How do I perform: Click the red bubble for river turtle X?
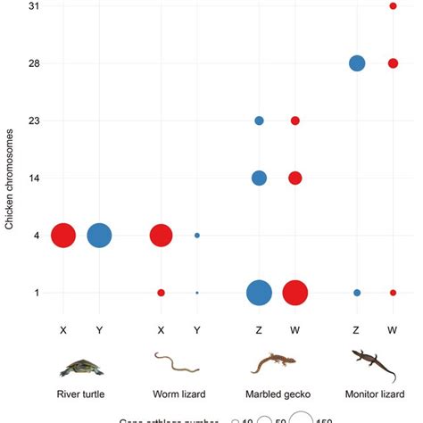click(x=63, y=236)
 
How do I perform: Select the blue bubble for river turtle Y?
click(x=99, y=236)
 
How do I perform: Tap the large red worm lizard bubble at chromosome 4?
click(x=161, y=236)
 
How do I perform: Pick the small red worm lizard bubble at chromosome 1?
click(x=161, y=293)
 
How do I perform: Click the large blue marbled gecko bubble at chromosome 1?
click(x=259, y=293)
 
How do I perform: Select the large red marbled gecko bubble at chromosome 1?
click(x=295, y=293)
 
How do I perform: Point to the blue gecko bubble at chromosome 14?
click(x=259, y=178)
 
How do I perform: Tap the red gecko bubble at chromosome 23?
click(x=295, y=120)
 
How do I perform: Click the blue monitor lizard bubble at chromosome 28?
click(x=357, y=63)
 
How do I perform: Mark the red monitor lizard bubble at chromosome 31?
click(x=393, y=6)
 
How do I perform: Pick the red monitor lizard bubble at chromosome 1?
click(x=393, y=293)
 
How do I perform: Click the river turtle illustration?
click(x=81, y=366)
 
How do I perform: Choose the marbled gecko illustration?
click(x=277, y=364)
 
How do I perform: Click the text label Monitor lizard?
click(x=375, y=394)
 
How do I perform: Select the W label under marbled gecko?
click(x=295, y=329)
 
